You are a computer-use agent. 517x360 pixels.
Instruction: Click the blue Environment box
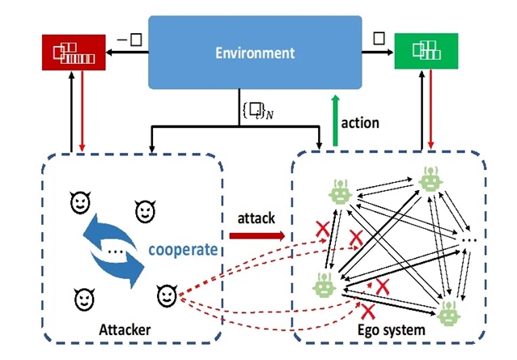254,54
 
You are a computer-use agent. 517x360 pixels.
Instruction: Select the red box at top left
74,53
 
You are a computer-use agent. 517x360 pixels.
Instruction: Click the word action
359,123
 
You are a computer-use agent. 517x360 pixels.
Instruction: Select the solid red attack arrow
256,236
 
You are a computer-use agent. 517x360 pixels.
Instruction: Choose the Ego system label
402,330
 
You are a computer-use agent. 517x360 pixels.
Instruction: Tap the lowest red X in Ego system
367,310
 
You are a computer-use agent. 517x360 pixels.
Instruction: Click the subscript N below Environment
270,112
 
